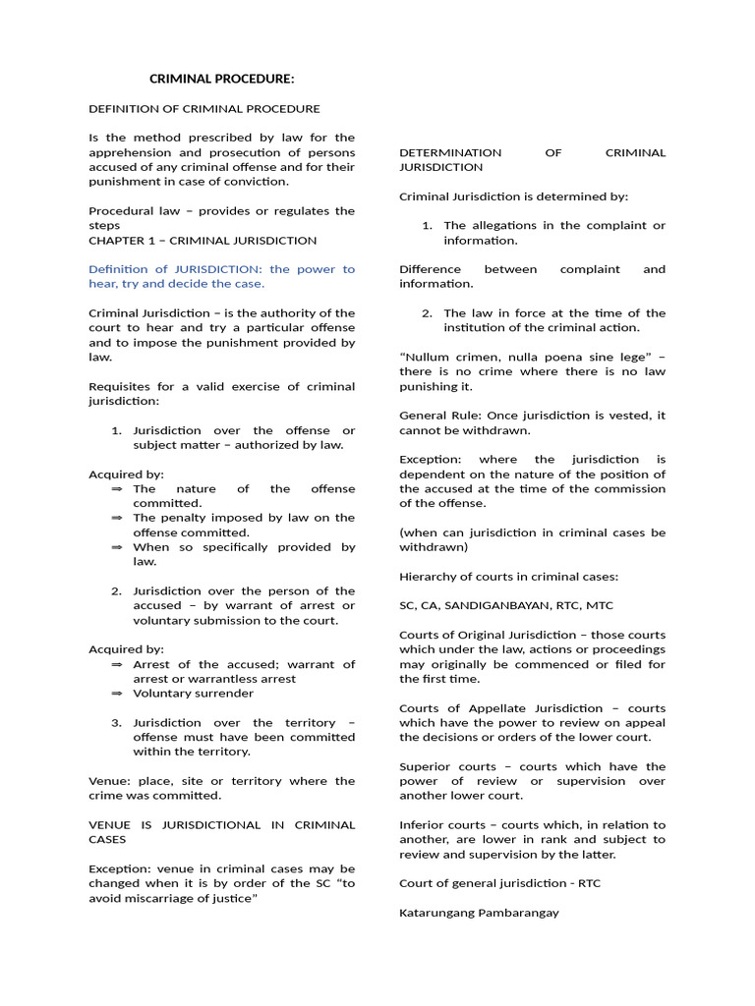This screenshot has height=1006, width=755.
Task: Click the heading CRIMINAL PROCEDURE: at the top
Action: (x=221, y=79)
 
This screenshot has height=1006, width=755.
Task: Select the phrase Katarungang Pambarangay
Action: (x=479, y=913)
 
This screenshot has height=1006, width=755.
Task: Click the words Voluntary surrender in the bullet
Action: (x=193, y=693)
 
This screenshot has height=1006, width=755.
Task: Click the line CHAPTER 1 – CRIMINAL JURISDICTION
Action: (x=203, y=240)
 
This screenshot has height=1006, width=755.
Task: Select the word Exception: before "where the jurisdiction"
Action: (x=430, y=459)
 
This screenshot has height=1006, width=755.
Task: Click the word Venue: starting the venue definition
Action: (x=108, y=781)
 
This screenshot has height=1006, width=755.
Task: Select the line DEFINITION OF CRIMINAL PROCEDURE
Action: (x=204, y=108)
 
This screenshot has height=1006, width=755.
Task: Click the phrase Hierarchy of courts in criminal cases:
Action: (x=508, y=576)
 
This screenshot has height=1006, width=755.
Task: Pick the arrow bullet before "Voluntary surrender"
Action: (x=117, y=693)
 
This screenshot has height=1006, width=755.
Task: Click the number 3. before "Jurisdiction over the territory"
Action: (x=116, y=722)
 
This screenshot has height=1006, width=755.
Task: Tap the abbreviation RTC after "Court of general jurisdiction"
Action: (x=589, y=883)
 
